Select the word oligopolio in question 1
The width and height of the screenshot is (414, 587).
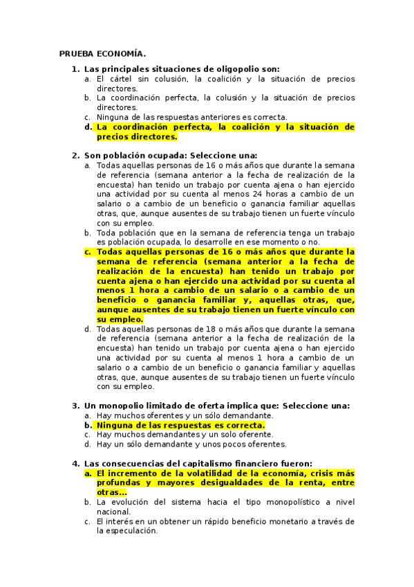point(226,69)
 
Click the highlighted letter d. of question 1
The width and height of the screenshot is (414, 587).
point(88,127)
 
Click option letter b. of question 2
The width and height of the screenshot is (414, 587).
point(88,233)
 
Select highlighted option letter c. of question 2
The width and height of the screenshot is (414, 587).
point(88,252)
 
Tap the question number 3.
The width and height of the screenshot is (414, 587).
point(75,406)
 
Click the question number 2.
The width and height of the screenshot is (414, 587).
point(75,156)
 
